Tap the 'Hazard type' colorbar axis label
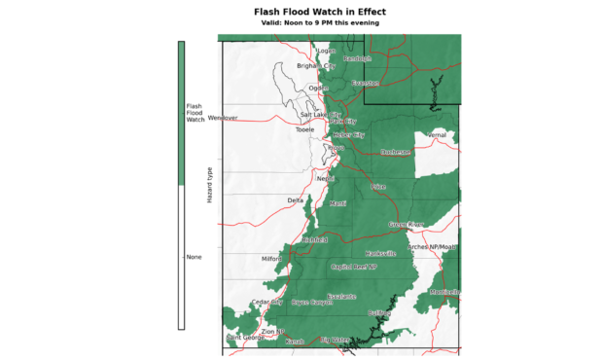pos(209,185)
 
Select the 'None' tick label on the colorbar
pos(194,257)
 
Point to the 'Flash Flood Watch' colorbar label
pos(195,112)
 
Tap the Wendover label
pos(223,118)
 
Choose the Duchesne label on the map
pos(395,152)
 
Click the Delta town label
pos(296,200)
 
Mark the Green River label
pos(407,225)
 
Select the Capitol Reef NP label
pos(359,267)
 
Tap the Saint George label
pos(243,338)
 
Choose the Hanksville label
pos(380,253)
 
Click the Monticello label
pos(444,292)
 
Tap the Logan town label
pos(325,51)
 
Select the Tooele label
pos(305,128)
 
